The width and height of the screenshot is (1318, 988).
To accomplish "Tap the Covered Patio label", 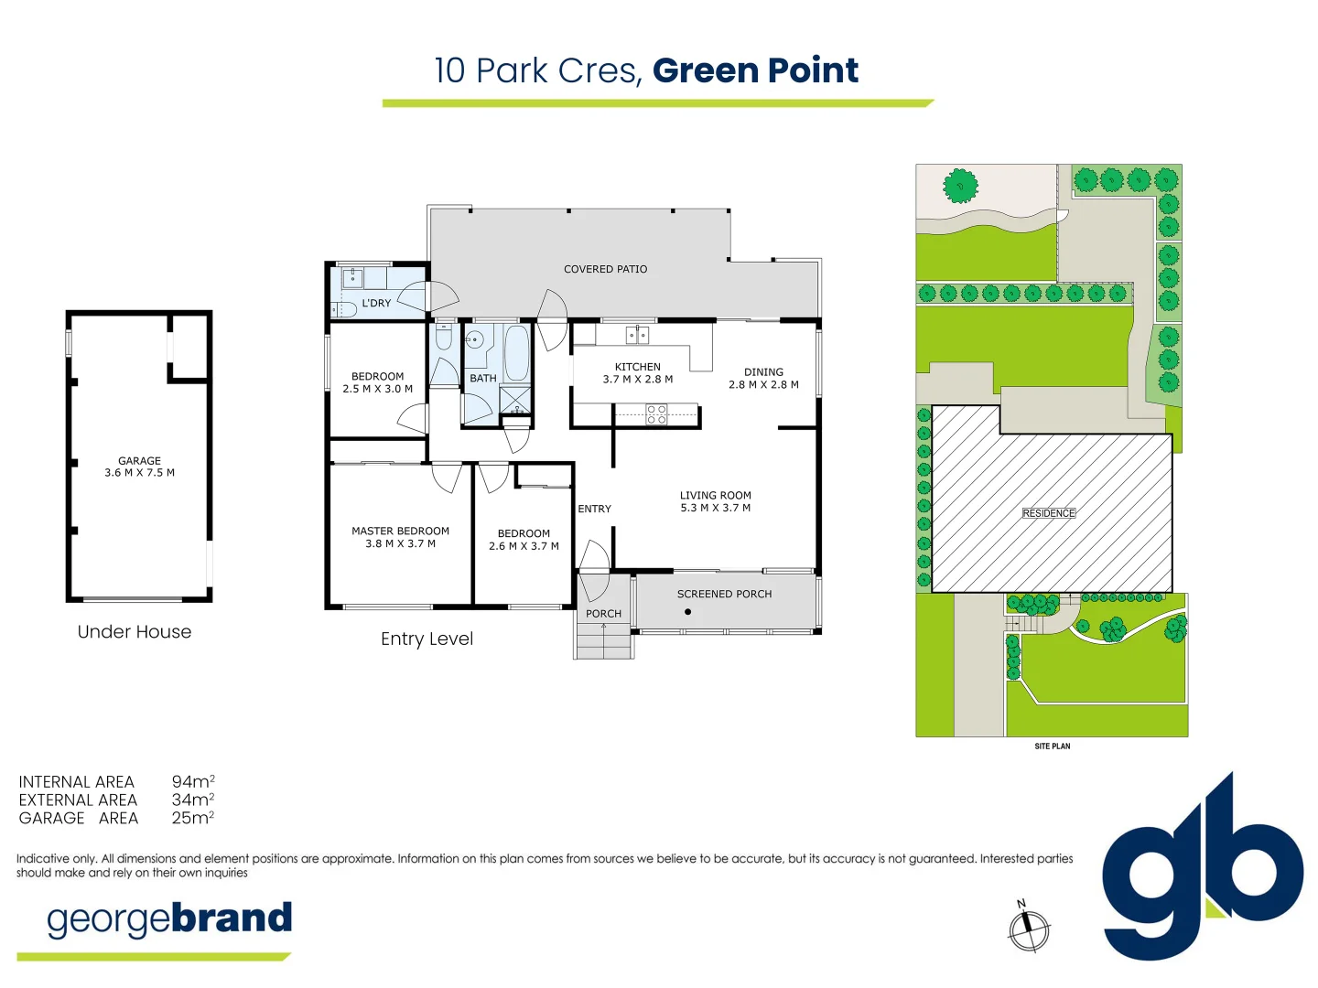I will tap(605, 269).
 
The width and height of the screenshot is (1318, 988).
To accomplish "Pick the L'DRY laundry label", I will tap(376, 303).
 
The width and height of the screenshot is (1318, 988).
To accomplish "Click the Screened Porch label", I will tap(724, 594).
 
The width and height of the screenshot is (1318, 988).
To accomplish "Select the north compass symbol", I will tap(1028, 929).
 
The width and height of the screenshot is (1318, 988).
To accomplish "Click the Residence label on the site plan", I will tap(1049, 513).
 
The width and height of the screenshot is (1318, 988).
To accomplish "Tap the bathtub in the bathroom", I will tap(516, 353).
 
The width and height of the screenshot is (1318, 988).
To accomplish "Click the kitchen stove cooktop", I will tap(656, 415).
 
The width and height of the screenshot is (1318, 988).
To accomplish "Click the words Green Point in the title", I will tap(755, 70).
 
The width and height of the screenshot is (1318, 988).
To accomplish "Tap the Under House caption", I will tap(135, 631).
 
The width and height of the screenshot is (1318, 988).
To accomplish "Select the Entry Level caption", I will tap(427, 639).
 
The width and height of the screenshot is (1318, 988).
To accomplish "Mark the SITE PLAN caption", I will tap(1052, 746).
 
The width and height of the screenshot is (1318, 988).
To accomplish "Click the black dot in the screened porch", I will tap(687, 612).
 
